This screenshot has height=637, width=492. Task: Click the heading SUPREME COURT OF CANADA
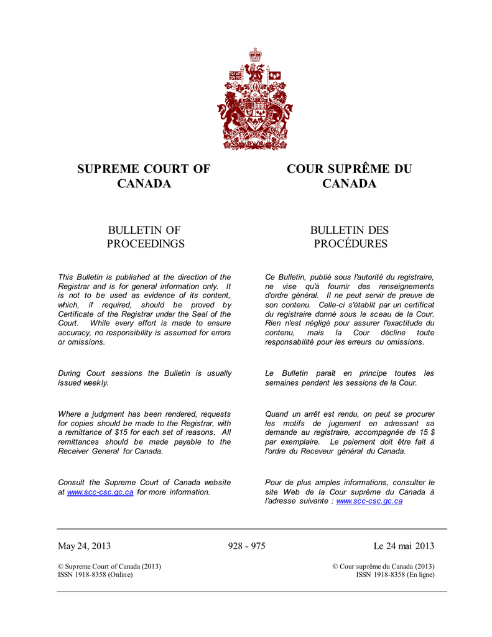[x=144, y=176]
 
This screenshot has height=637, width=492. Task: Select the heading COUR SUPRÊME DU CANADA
[x=349, y=176]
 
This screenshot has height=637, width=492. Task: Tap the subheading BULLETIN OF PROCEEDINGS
[x=145, y=237]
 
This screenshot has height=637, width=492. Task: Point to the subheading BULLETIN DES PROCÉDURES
[x=350, y=237]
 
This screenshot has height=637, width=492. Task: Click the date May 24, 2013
[x=85, y=546]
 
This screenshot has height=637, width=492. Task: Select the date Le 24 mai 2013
[x=404, y=546]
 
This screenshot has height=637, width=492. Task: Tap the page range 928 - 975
[x=247, y=546]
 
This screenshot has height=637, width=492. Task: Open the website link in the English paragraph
[x=100, y=492]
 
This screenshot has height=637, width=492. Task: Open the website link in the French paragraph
[x=369, y=501]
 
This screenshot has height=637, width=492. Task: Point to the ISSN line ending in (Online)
[x=95, y=575]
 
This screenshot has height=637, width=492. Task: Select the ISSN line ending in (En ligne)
[x=395, y=575]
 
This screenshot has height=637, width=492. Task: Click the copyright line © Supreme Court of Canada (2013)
[x=109, y=566]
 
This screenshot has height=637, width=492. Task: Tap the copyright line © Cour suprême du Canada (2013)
[x=383, y=566]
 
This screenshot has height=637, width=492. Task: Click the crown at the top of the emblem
[x=254, y=55]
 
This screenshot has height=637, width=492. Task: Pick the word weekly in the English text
[x=96, y=383]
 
